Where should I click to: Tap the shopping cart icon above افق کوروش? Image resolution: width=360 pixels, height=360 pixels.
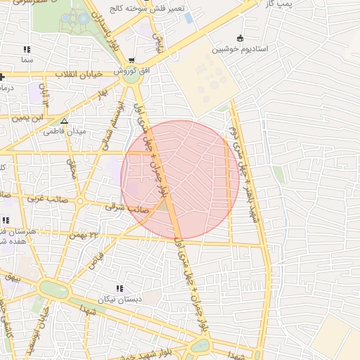coord(132,60)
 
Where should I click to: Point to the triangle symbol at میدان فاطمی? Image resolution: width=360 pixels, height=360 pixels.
coord(65,121)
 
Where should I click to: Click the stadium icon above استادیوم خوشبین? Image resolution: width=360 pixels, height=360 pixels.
coord(241,38)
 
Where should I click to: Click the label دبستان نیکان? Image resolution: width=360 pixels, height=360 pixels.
coord(120,299)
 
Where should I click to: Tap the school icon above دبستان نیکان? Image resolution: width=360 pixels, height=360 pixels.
coord(120,288)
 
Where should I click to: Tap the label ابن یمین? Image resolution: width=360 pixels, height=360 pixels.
coord(31,118)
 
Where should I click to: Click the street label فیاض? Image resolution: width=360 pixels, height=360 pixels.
coord(96,259)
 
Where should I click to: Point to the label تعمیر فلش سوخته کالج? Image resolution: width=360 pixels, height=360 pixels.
coord(146,8)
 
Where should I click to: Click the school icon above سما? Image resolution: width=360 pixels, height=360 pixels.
coord(27,50)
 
